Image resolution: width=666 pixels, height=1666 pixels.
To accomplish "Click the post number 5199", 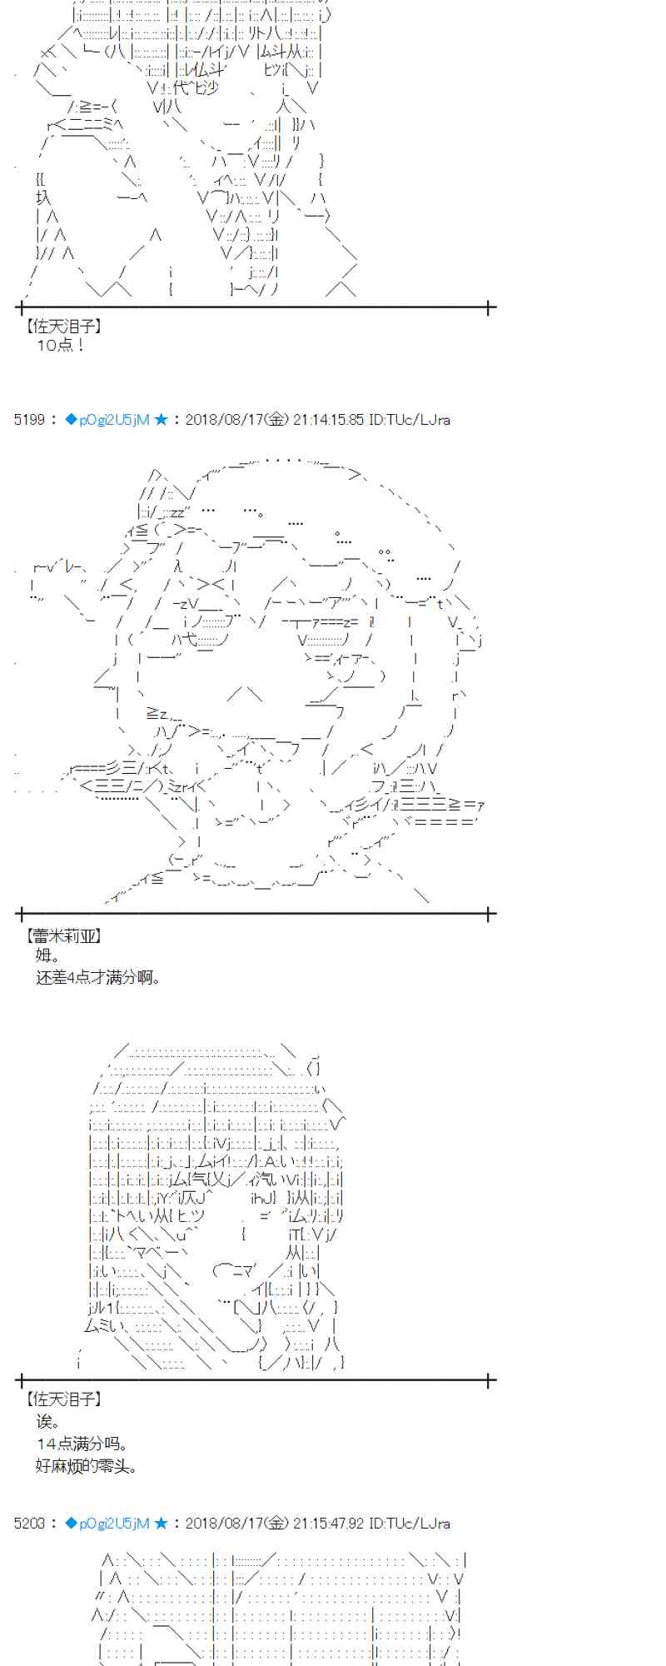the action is [x=29, y=420].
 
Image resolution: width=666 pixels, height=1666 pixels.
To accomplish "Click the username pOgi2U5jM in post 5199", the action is [x=114, y=420].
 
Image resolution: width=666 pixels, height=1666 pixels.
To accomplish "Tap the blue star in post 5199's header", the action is [x=161, y=420].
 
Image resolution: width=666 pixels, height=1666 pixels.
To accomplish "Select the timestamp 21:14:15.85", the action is [x=328, y=420].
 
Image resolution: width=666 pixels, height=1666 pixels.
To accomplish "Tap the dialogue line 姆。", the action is [x=47, y=955].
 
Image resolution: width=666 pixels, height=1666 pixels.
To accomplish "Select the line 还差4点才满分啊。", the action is [x=97, y=977].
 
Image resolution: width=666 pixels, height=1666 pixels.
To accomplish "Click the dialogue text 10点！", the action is [x=61, y=345].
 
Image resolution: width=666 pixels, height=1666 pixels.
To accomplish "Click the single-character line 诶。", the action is [x=48, y=1421].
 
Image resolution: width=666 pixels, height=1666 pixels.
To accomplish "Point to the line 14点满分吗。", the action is [x=82, y=1444].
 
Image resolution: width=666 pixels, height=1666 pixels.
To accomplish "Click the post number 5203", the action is [x=29, y=1524].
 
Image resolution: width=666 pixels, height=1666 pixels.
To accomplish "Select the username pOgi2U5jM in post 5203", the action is [x=114, y=1524].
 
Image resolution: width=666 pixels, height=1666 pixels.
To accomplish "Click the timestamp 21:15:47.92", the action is [x=328, y=1524].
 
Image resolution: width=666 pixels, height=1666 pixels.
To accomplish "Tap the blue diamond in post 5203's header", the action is [x=71, y=1524].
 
